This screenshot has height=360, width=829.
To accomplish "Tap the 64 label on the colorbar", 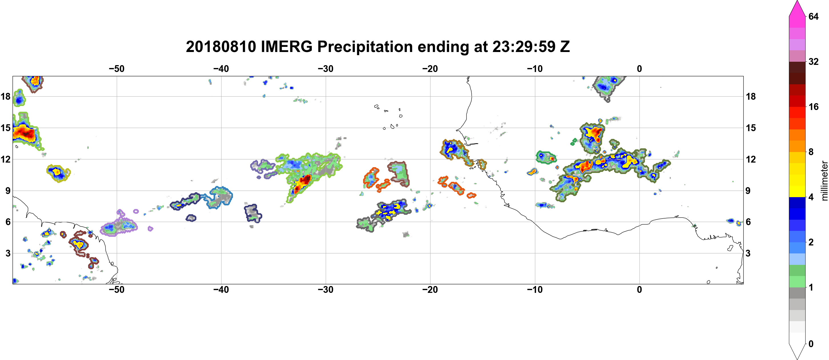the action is [813, 16].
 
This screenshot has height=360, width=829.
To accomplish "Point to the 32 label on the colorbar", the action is [813, 61].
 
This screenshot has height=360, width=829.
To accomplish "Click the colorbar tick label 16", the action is [813, 107].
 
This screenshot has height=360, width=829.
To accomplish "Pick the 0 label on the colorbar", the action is [811, 344].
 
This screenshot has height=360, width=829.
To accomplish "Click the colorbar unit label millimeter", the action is [824, 181].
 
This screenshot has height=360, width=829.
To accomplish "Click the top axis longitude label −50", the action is [116, 69].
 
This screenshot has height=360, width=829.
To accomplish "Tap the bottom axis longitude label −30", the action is [326, 290].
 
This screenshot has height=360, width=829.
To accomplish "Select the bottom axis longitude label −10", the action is [535, 290].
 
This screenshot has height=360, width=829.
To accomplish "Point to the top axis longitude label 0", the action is [639, 69].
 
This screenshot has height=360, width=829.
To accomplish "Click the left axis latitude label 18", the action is [5, 96].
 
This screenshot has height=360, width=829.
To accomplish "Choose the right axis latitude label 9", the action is [748, 191].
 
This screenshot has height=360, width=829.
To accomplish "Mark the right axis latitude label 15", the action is [751, 128].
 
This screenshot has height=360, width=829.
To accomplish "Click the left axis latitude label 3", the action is [8, 253].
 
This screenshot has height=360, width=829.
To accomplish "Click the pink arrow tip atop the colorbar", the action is [797, 1].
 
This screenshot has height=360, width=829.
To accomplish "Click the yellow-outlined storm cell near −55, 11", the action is [58, 173].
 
